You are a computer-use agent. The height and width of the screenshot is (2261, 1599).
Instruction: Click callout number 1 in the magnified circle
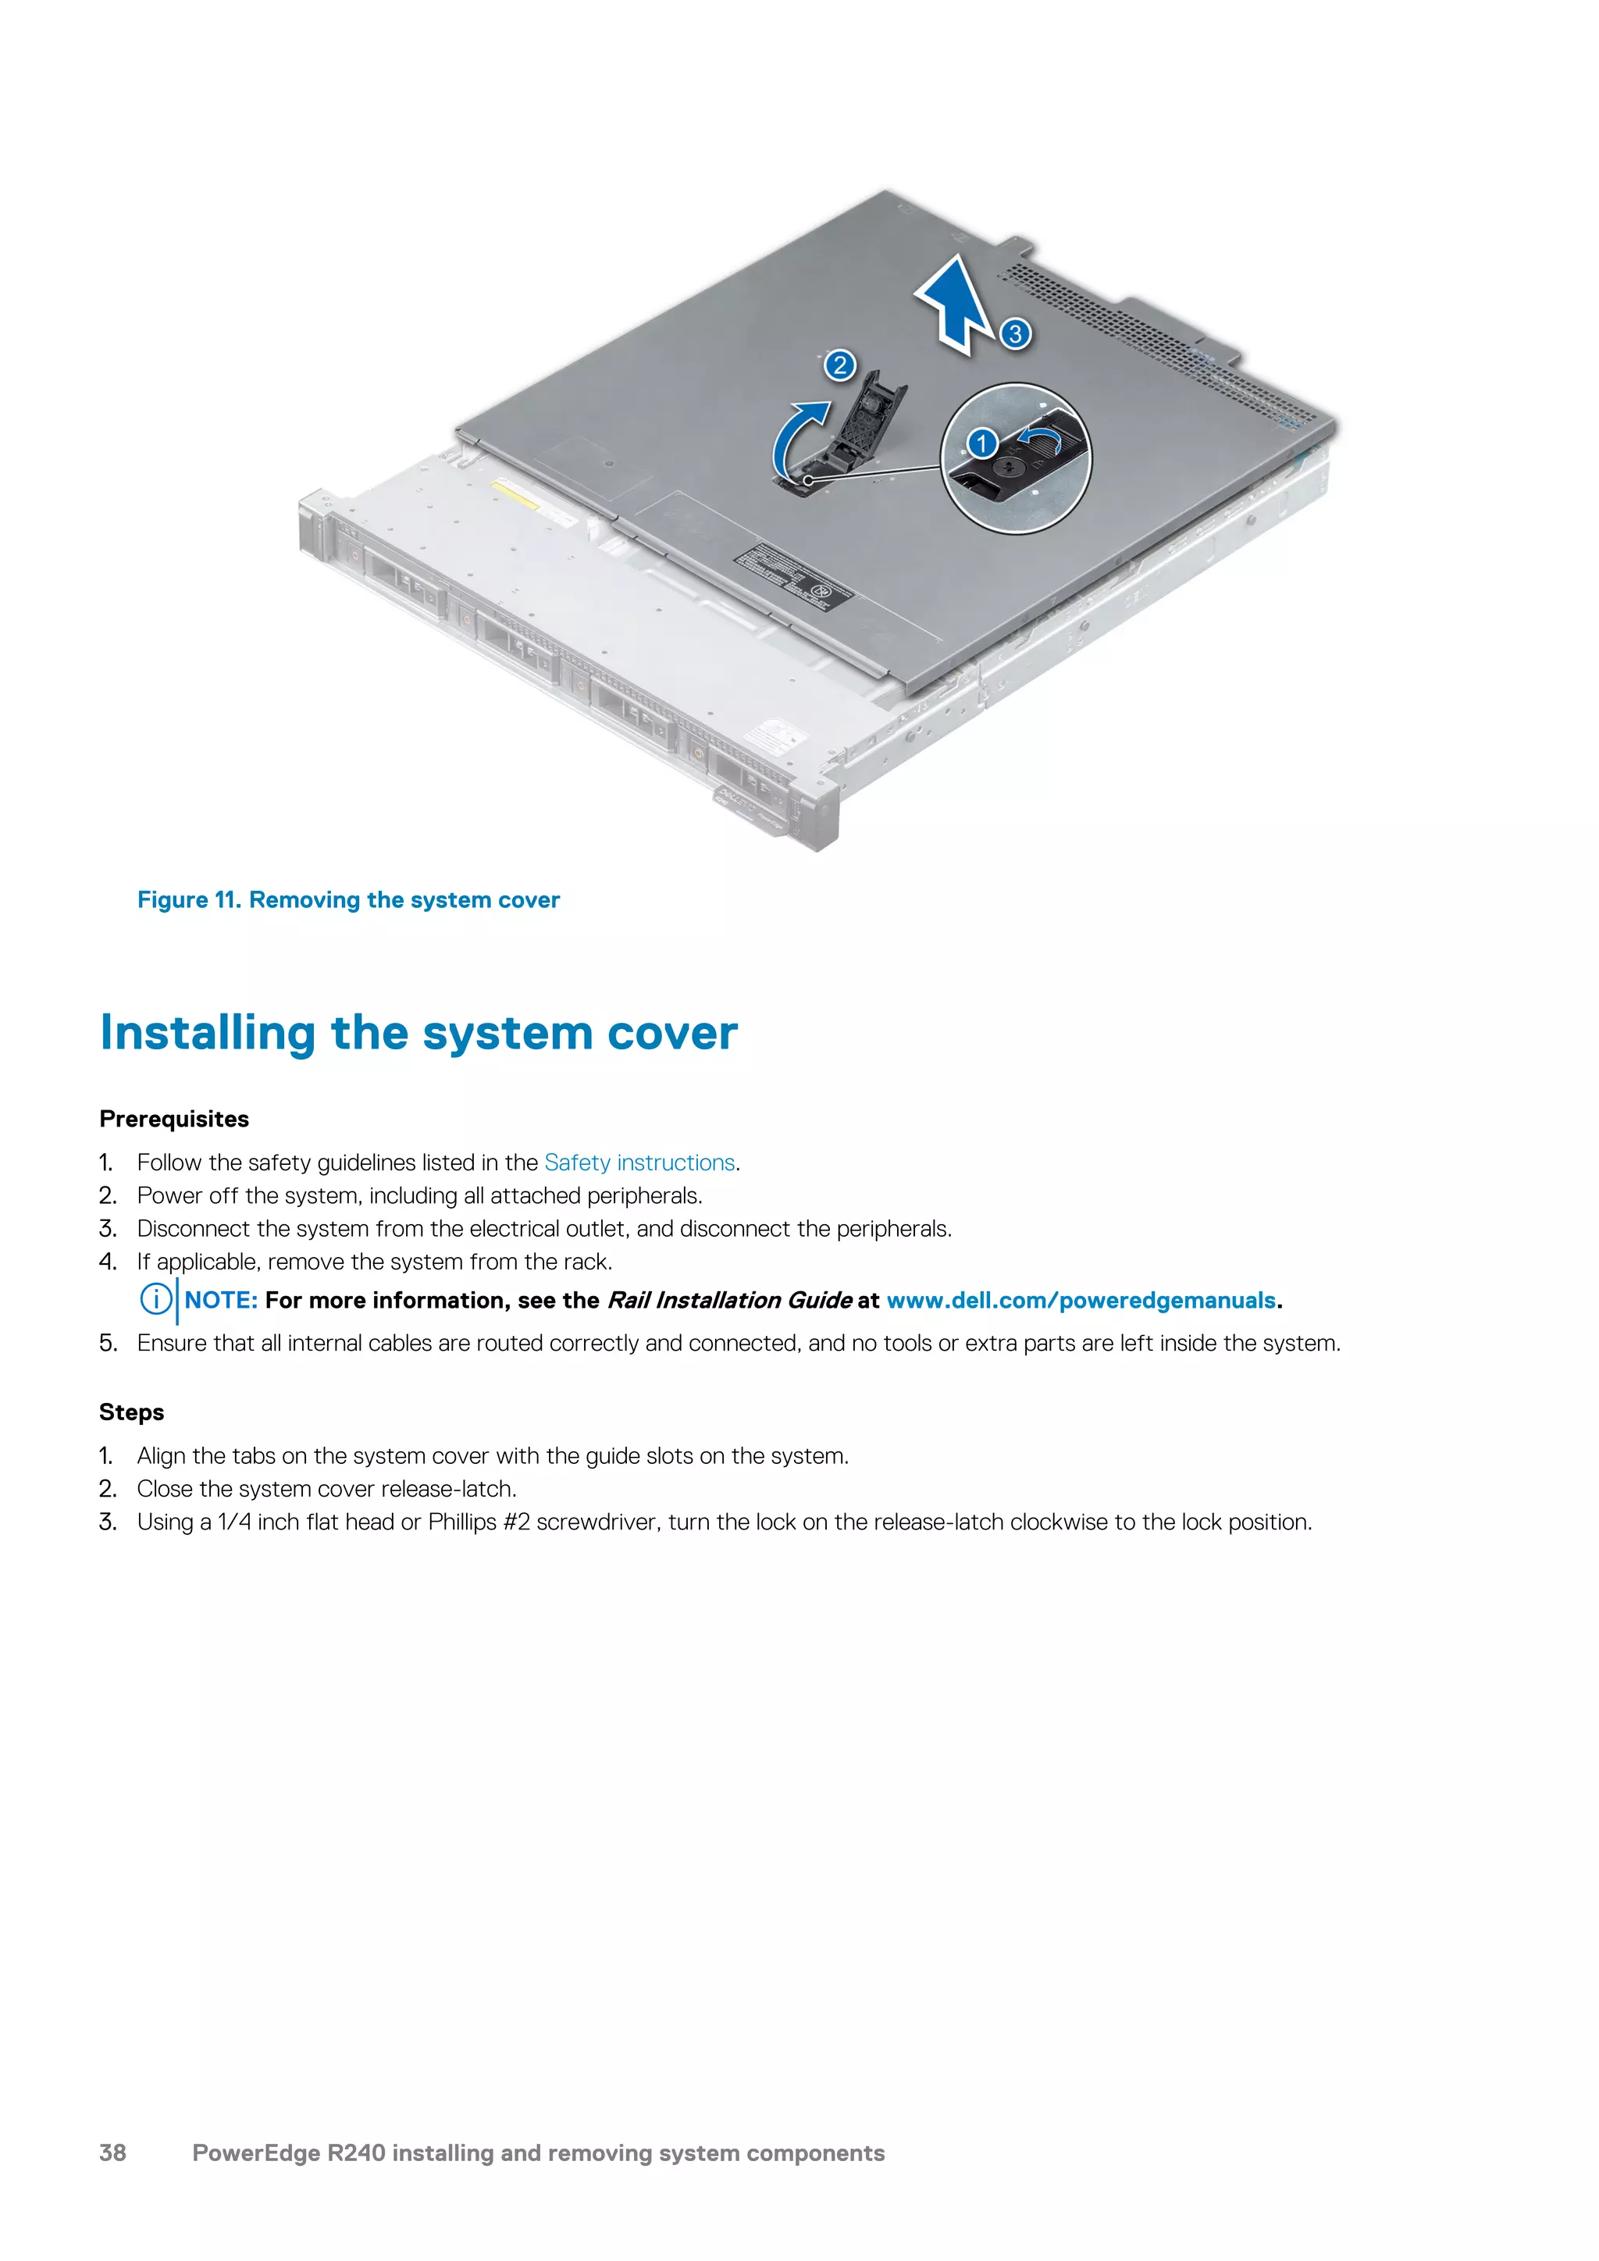981,443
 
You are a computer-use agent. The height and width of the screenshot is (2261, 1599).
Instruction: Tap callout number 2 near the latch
839,366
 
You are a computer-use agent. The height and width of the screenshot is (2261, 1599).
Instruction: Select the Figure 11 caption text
348,900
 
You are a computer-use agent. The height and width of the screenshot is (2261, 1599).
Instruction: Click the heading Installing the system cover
418,1033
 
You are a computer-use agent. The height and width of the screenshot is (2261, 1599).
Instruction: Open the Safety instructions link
639,1163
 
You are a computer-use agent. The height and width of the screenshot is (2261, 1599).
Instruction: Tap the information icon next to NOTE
155,1300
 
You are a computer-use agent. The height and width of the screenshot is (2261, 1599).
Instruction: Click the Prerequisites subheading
174,1120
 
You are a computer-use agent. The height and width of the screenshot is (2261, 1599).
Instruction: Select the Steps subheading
132,1412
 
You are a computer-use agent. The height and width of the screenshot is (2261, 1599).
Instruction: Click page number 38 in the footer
113,2152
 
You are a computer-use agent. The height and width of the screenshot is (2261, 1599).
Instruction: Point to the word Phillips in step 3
461,1522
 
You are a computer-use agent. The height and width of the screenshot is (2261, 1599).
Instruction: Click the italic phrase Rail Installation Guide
728,1301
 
